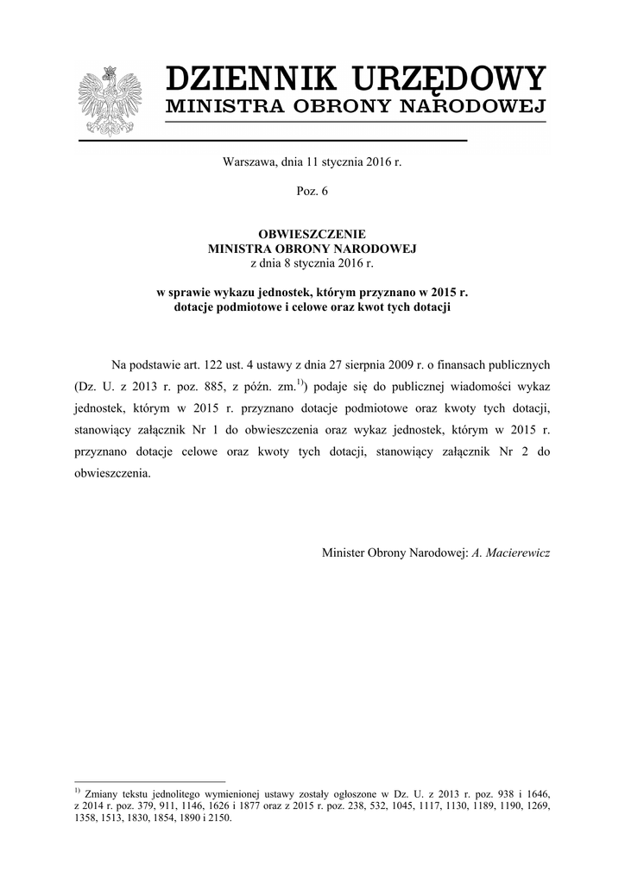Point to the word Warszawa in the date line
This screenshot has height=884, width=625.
[249, 161]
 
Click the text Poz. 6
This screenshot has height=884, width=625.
[312, 191]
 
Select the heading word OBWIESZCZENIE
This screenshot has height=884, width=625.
[312, 234]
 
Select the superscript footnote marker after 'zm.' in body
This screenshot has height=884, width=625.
[300, 380]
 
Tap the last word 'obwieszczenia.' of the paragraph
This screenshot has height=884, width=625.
[112, 474]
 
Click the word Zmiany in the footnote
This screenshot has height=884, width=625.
[103, 792]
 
